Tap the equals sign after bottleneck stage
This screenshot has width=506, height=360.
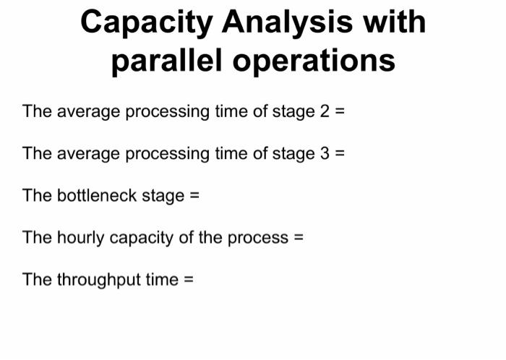click(x=194, y=196)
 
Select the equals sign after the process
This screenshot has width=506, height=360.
click(x=299, y=238)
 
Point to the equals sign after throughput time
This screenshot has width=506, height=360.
click(x=189, y=280)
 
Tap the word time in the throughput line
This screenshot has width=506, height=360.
click(x=162, y=280)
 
